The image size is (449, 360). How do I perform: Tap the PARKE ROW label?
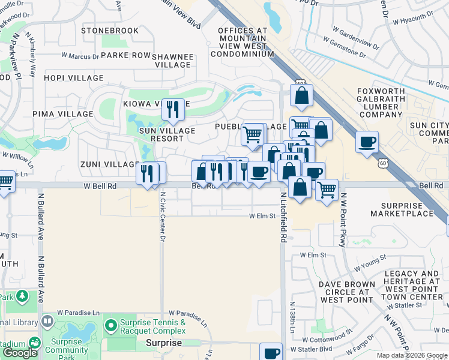(125, 55)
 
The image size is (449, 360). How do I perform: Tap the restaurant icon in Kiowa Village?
(173, 109)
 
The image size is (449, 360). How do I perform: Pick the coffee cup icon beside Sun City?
(367, 142)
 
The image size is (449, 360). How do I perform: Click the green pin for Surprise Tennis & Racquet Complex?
(110, 326)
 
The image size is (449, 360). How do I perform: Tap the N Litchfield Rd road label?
(283, 216)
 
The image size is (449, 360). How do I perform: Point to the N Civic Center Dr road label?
(162, 215)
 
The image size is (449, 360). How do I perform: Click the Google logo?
(20, 353)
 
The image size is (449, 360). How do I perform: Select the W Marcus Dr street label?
(80, 56)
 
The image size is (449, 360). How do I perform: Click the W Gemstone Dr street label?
(344, 48)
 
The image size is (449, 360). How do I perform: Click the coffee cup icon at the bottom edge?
(271, 352)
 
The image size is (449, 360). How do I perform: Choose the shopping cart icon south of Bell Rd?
(327, 190)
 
